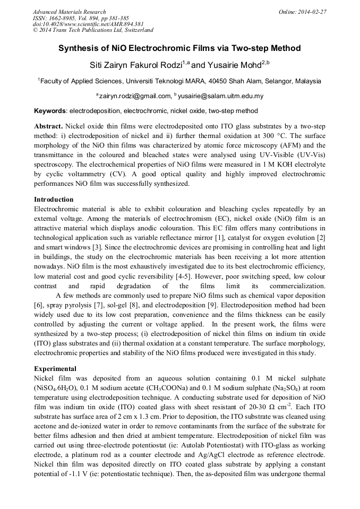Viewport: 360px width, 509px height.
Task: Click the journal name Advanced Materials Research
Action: [x=69, y=12]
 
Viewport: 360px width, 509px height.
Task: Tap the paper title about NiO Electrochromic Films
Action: [x=179, y=48]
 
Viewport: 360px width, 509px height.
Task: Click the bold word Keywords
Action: [x=50, y=111]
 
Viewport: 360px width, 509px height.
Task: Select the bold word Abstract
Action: [x=48, y=127]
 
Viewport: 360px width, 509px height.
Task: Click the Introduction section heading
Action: [x=54, y=200]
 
